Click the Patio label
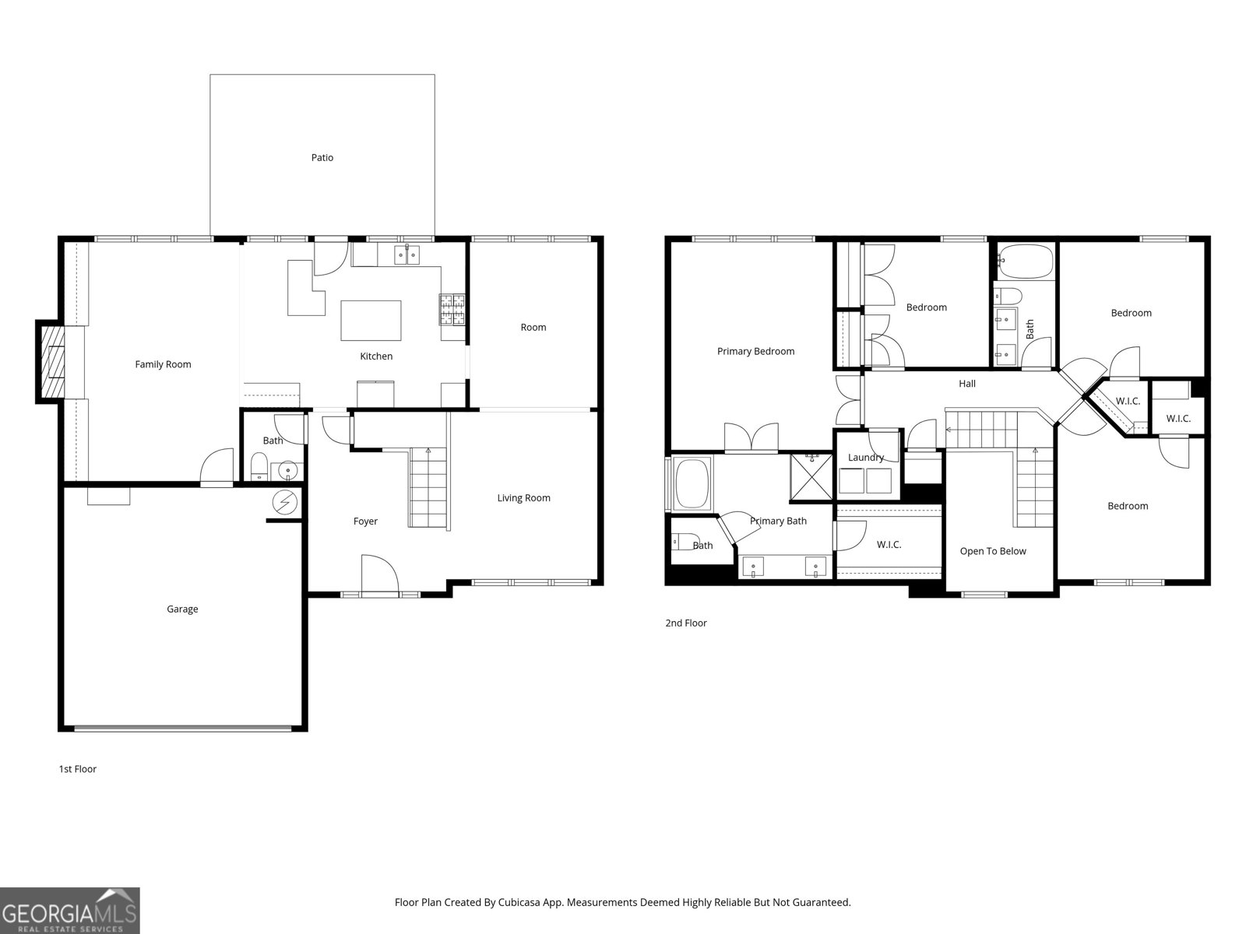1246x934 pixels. (322, 158)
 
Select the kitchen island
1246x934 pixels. (371, 320)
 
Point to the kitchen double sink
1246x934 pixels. (406, 254)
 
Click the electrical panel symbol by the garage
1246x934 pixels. (285, 503)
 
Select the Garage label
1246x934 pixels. (182, 609)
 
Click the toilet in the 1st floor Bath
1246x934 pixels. (259, 467)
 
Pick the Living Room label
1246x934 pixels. (523, 498)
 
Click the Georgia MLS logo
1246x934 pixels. (70, 911)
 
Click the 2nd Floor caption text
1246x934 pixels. (685, 623)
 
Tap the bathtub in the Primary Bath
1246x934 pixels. (692, 483)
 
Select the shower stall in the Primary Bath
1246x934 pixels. (811, 474)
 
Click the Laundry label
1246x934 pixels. (865, 458)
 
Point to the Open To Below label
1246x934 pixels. (992, 551)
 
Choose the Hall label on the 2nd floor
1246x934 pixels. (966, 384)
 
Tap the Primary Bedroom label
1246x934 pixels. (755, 352)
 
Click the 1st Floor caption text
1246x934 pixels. (77, 769)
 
